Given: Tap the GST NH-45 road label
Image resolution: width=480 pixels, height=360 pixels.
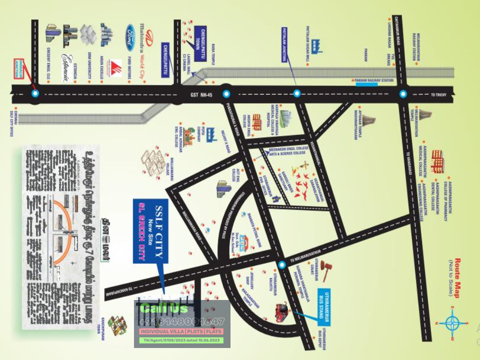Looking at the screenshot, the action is coord(201,94).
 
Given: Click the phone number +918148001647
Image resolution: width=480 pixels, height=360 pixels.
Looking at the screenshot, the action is coord(181,322).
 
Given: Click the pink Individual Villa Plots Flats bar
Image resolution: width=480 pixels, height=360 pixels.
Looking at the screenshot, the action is coord(181,332).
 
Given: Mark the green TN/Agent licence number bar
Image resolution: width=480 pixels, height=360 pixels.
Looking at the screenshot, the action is coord(181,341).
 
